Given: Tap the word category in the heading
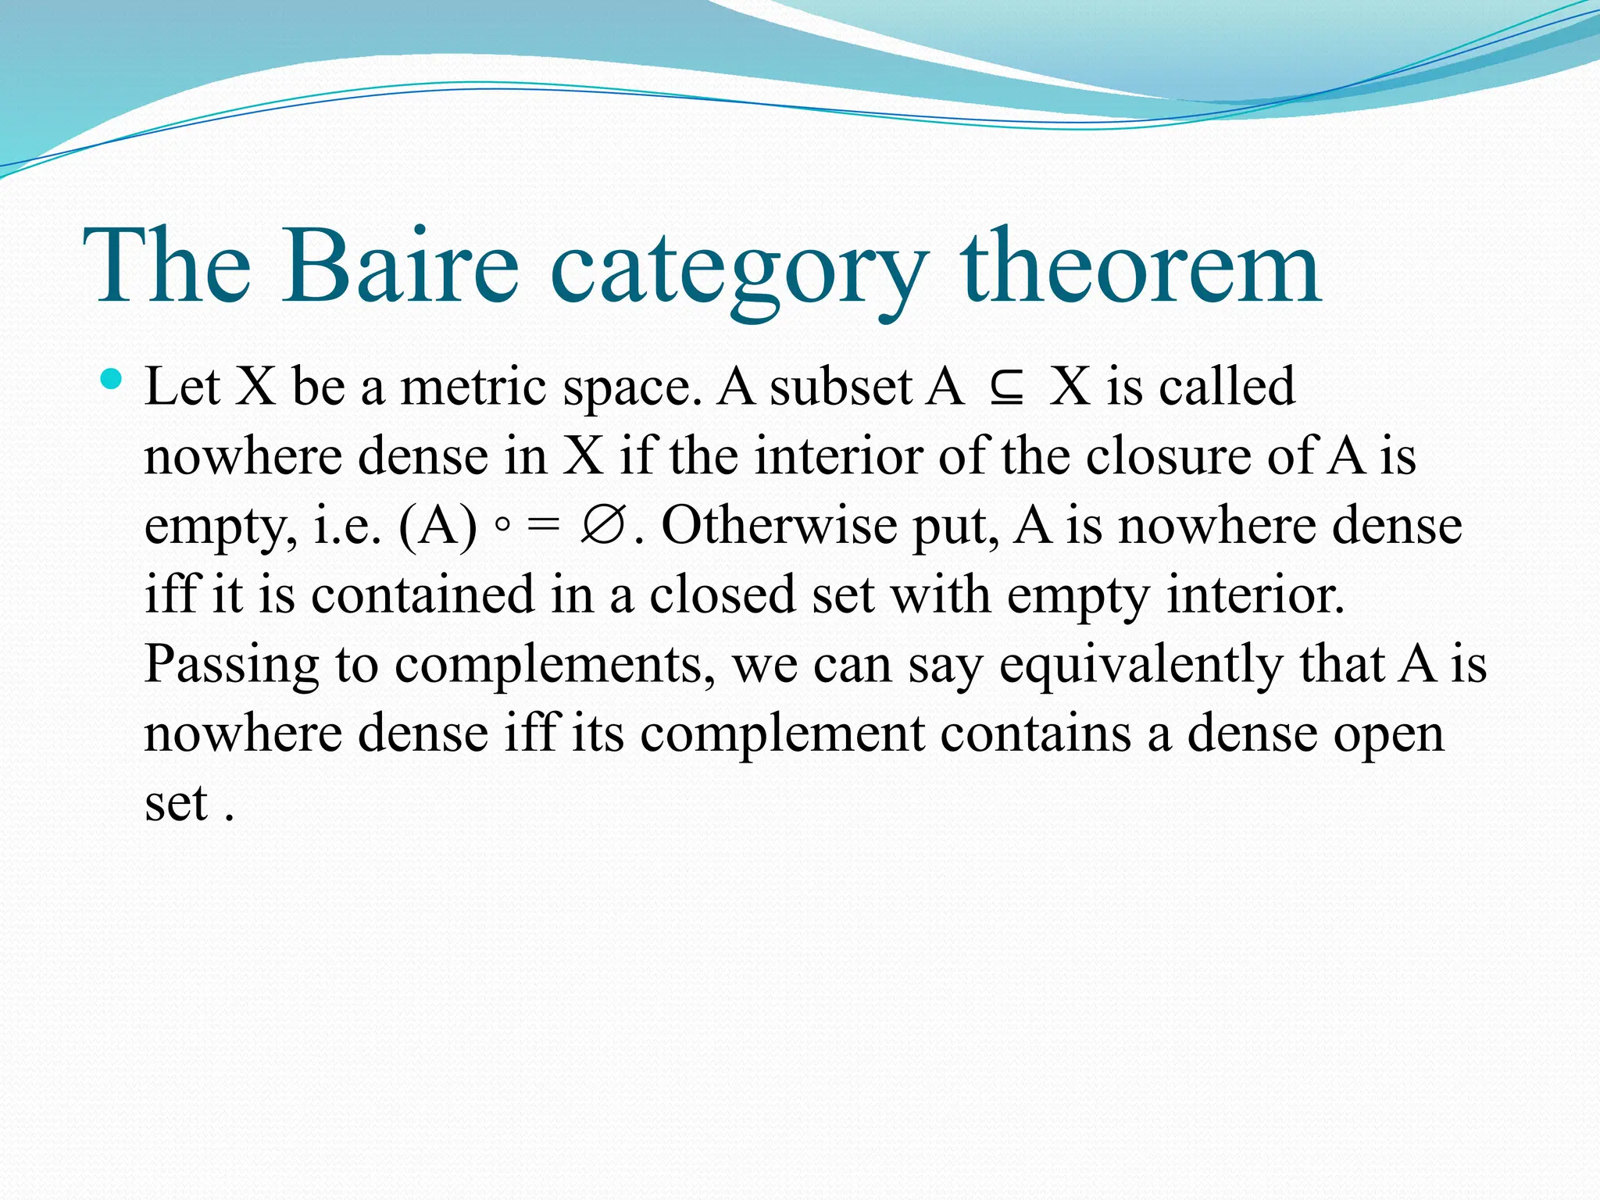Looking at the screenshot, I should pos(738,270).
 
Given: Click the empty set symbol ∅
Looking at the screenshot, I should pos(602,525).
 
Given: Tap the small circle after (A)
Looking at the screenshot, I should pos(502,525).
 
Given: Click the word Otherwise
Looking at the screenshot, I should pos(779,525).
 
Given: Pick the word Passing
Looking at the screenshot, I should pos(231,666).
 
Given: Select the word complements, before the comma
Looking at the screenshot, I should pos(553,666).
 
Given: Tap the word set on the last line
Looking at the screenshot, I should pos(176,803).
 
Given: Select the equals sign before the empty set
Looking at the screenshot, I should pos(543,525).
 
